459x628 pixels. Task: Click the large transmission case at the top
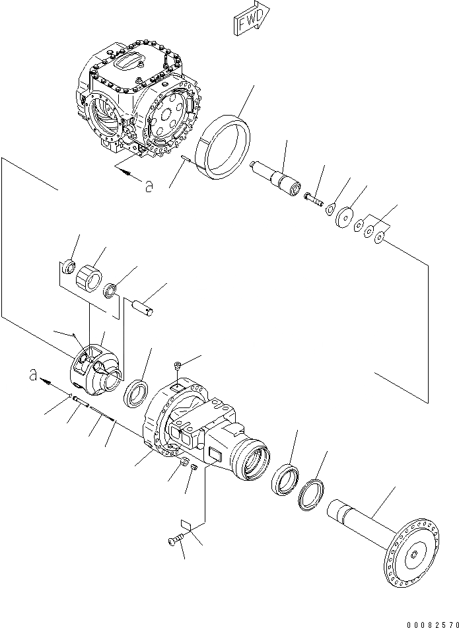[139, 99]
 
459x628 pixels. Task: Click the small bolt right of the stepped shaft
[312, 197]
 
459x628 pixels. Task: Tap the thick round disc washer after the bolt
[344, 218]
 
